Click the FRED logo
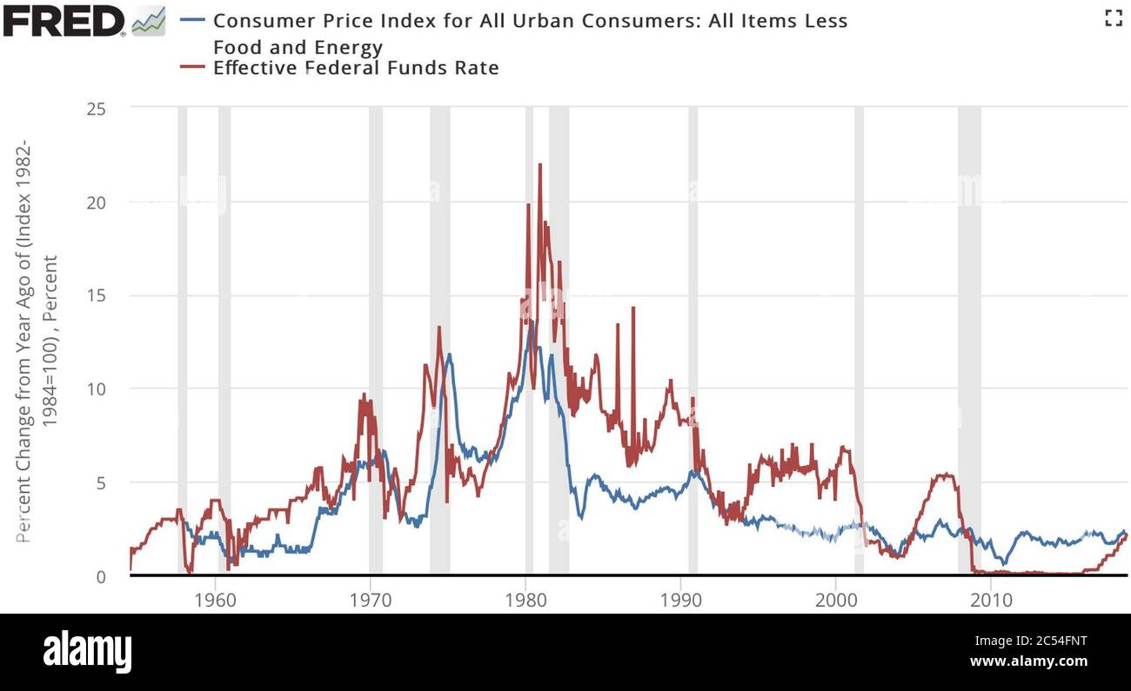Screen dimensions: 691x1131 coord(65,20)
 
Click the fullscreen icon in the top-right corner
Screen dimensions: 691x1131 coord(1113,17)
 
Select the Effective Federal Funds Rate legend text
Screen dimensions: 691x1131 coord(356,68)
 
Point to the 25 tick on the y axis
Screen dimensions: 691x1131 coord(97,109)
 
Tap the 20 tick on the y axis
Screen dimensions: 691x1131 coord(97,202)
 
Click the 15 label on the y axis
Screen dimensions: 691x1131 coord(97,296)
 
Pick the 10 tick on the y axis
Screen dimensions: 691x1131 coord(97,389)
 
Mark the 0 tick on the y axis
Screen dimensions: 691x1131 coord(101,575)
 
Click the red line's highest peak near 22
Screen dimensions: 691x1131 coord(539,165)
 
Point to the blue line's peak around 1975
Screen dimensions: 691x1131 coord(449,355)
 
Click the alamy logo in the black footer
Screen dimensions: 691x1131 coord(88,651)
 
